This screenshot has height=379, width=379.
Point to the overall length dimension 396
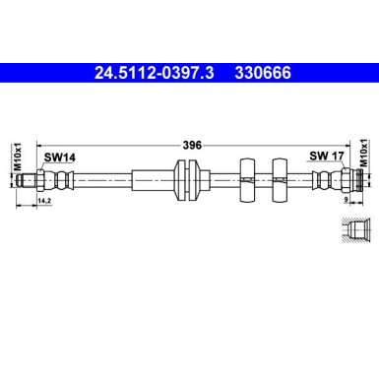193,145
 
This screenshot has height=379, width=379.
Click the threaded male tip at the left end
38,180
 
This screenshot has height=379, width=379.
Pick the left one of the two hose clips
245,180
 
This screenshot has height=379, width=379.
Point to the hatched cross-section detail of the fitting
356,232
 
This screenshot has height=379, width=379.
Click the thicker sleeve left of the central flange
152,180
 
